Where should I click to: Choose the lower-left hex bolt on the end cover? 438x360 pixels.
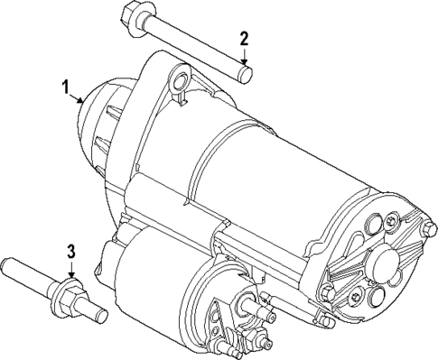tap(327, 291)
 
